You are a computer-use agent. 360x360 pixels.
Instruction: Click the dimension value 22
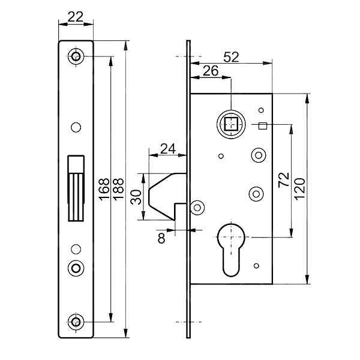point(76,18)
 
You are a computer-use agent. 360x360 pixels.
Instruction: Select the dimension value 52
point(231,57)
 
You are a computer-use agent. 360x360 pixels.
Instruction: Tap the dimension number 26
point(211,71)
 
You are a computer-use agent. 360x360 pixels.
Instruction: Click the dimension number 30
point(137,197)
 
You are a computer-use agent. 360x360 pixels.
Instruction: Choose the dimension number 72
point(284,181)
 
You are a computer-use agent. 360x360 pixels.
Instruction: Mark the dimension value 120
point(299,188)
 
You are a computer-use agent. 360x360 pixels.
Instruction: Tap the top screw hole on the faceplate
point(76,57)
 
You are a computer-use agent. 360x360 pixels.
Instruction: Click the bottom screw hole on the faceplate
point(76,322)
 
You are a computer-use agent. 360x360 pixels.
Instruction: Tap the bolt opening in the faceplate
point(76,187)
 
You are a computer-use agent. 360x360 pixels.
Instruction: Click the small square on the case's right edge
point(262,125)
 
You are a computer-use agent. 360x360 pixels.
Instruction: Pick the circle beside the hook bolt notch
point(196,207)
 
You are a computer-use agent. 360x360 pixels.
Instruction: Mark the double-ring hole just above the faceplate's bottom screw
point(76,267)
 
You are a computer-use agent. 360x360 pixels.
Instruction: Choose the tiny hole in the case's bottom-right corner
point(256,266)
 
